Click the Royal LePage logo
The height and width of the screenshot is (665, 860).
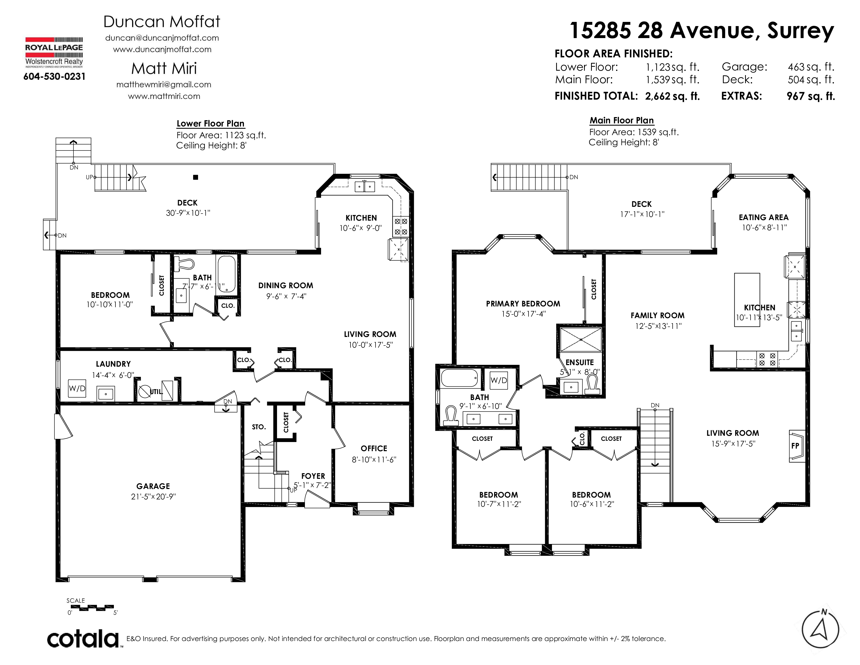54,52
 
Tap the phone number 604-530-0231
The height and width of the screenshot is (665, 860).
54,76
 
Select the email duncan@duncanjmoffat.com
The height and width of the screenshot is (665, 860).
162,38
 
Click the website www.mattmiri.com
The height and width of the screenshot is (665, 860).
164,96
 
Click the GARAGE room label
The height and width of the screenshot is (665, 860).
153,486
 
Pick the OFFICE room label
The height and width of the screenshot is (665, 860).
374,448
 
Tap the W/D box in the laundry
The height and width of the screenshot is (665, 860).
77,389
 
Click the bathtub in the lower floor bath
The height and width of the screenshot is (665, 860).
226,274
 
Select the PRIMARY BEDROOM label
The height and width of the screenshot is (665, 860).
523,304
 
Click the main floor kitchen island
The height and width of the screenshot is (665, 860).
747,299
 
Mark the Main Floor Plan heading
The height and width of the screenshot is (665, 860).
622,120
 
